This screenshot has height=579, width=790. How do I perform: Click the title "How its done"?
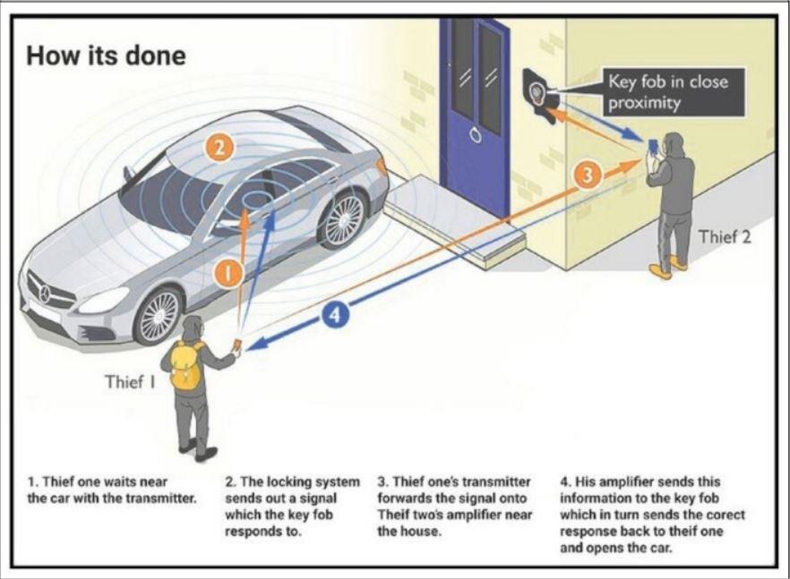tap(106, 55)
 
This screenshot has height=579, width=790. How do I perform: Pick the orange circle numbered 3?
tap(587, 175)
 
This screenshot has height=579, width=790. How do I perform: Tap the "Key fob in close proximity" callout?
tap(666, 92)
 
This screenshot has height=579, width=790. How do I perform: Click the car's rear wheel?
tap(342, 217)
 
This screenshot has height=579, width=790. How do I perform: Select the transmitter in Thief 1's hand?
tap(237, 344)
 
